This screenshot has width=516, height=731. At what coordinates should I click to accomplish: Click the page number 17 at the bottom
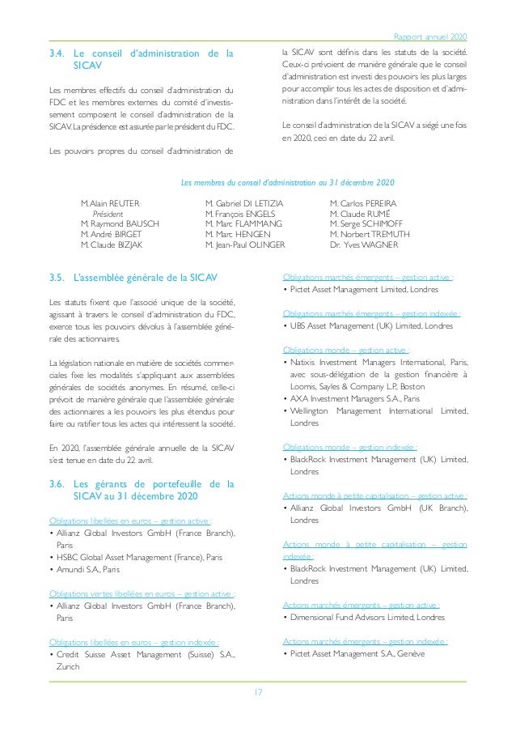(x=257, y=692)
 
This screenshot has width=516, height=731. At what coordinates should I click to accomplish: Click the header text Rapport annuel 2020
(x=429, y=36)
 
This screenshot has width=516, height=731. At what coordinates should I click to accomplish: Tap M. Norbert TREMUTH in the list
(x=370, y=234)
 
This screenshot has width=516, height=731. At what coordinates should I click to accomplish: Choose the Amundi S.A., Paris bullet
(x=87, y=569)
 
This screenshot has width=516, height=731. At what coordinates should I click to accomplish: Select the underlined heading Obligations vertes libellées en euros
(x=142, y=593)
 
